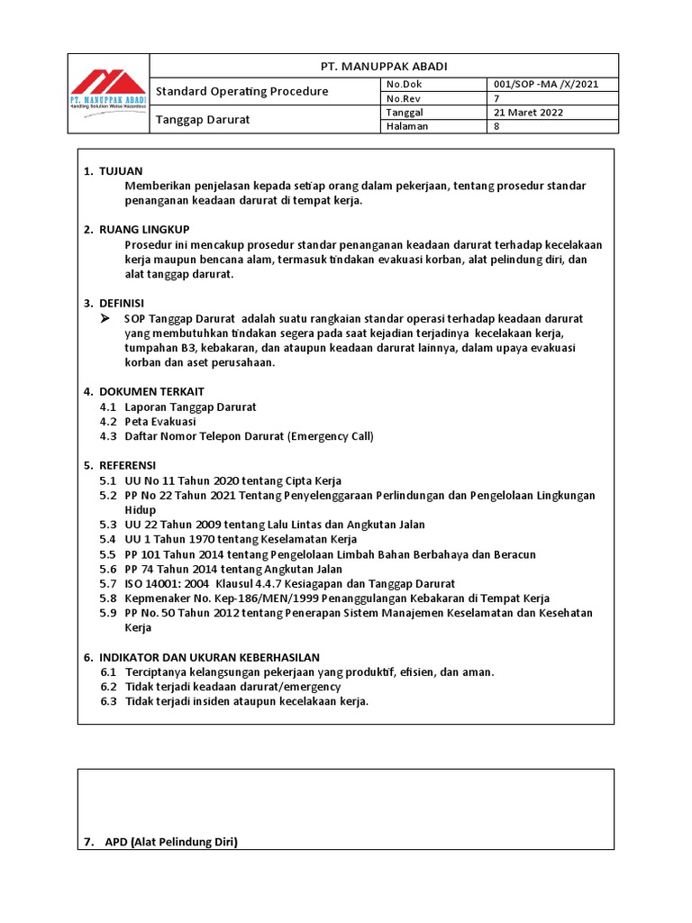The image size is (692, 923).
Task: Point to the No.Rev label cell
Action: click(404, 99)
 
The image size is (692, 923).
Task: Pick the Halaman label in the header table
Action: click(406, 127)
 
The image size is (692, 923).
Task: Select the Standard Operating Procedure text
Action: click(242, 92)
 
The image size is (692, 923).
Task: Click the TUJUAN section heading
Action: click(121, 171)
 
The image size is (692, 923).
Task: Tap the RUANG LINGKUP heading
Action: click(144, 230)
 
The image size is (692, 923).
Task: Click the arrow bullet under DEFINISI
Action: click(105, 319)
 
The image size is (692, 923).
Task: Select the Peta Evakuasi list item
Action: click(160, 422)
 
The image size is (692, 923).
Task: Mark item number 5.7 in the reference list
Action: click(108, 584)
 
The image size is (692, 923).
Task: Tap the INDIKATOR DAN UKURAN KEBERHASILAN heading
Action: click(209, 658)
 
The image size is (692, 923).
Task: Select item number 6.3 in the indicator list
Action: click(108, 701)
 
